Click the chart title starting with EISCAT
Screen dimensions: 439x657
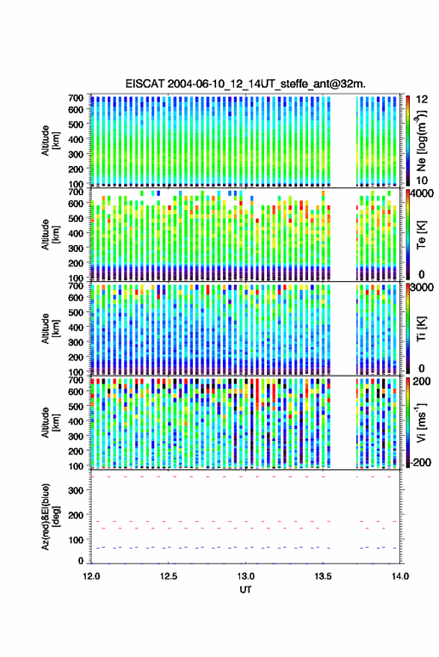point(245,84)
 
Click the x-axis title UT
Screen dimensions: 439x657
point(245,590)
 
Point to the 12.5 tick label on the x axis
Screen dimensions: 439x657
point(168,576)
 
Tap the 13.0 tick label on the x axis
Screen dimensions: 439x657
point(246,576)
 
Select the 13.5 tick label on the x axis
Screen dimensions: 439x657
point(323,576)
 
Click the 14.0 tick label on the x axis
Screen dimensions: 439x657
point(400,576)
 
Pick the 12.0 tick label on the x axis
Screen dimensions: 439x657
point(91,576)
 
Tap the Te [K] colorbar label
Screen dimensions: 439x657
point(421,235)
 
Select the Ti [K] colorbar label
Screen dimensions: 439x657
point(421,329)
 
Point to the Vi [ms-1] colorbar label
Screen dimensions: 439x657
point(421,422)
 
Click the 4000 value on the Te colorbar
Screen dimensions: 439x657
point(423,194)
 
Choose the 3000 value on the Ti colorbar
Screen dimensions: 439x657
point(423,288)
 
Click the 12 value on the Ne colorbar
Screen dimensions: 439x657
point(423,99)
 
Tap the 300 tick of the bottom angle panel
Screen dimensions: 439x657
point(76,490)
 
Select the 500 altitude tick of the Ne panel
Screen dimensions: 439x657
point(76,124)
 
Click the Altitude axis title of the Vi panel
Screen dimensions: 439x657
point(50,422)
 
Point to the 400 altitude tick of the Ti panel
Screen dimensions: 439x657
point(76,327)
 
